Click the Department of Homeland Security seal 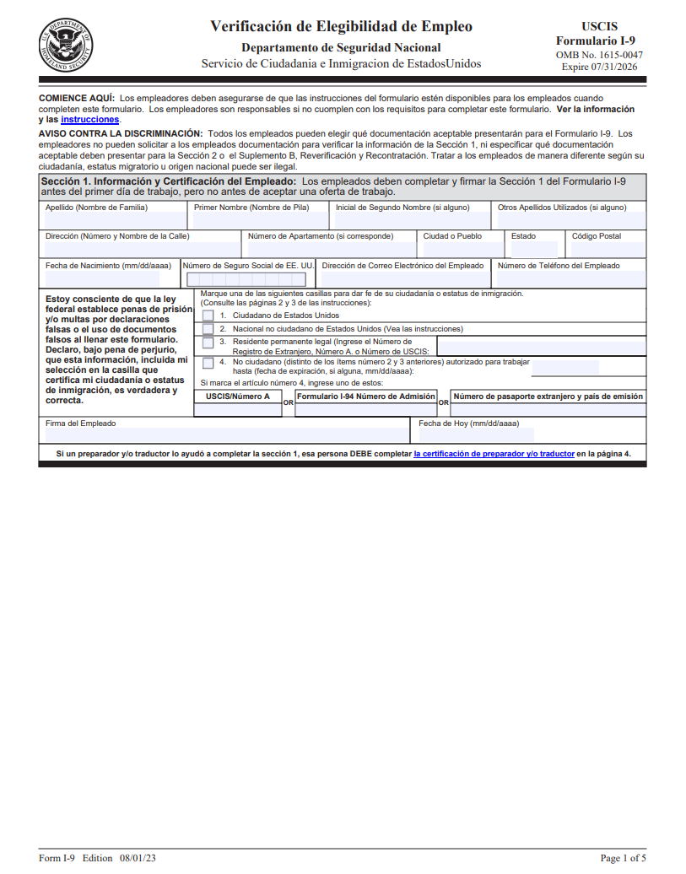pos(66,43)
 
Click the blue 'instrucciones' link pos(90,120)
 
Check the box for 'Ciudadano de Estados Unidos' pos(208,316)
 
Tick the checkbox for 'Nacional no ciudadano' pos(208,329)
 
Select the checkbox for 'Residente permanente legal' pos(208,343)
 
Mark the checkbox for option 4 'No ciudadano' pos(208,363)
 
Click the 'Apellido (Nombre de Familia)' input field pos(115,221)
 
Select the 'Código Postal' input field pos(608,250)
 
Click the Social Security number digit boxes pos(247,279)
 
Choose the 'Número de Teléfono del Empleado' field pos(570,279)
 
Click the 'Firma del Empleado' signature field pos(226,435)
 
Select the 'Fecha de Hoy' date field pos(477,435)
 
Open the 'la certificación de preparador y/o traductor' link pos(494,454)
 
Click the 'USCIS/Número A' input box pos(238,410)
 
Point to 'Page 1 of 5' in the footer pos(623,858)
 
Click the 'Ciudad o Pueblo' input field pos(461,250)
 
